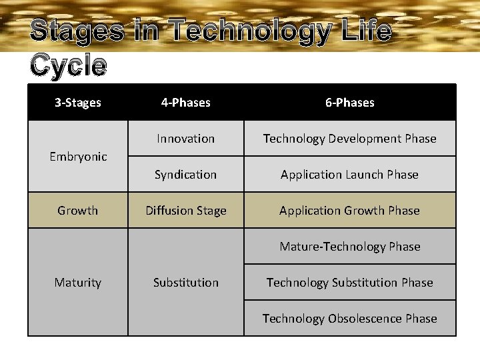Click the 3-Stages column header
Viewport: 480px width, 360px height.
click(78, 103)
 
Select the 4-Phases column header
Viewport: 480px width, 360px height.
click(185, 103)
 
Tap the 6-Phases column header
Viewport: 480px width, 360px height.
click(349, 103)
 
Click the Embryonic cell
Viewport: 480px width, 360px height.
click(78, 157)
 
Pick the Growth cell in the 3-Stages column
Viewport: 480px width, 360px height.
click(78, 211)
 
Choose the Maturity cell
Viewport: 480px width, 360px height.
click(78, 283)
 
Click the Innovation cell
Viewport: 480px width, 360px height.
click(185, 139)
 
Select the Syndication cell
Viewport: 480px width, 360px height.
click(185, 175)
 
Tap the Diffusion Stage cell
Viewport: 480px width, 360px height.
click(185, 211)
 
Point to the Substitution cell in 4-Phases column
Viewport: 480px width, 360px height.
click(185, 283)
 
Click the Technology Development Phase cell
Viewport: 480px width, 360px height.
click(349, 139)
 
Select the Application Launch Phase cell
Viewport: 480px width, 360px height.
click(349, 175)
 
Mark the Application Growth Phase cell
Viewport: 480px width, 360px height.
click(349, 211)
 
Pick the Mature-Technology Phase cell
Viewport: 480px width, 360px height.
click(349, 247)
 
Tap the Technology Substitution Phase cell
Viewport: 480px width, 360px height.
click(349, 283)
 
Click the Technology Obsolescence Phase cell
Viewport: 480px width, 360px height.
click(349, 319)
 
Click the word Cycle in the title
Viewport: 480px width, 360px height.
click(68, 65)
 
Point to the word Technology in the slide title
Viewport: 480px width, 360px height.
click(249, 31)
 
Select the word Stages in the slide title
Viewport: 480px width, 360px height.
click(77, 31)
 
